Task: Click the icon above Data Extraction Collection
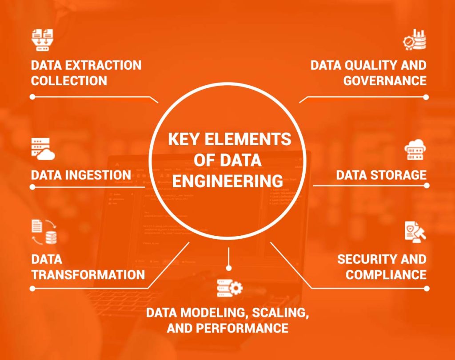click(42, 40)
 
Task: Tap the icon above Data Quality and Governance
click(414, 40)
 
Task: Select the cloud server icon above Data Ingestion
click(43, 149)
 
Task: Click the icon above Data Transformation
click(43, 232)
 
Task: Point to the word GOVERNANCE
click(385, 81)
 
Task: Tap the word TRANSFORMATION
click(88, 274)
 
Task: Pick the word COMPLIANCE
click(386, 274)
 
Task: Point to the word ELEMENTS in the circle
click(248, 139)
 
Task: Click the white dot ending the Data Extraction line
click(32, 96)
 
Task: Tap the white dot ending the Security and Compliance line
click(427, 288)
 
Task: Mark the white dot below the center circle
click(228, 268)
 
